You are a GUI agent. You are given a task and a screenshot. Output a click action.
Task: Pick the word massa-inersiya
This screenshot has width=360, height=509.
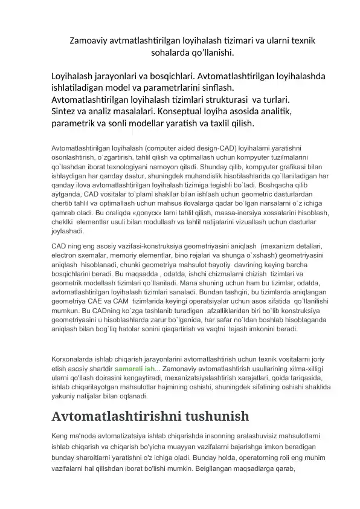223,213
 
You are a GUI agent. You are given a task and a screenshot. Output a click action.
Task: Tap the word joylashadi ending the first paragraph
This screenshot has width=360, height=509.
67,230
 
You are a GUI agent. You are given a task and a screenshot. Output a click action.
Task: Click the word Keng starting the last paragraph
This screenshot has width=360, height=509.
60,435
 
